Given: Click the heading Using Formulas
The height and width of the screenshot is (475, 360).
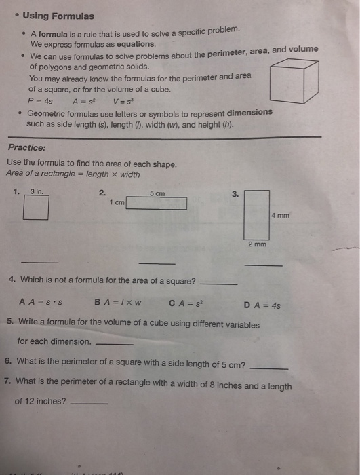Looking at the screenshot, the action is (58, 16).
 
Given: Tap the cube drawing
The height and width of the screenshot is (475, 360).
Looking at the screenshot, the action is (294, 81).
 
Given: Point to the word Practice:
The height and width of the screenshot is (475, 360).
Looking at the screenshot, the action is (27, 147).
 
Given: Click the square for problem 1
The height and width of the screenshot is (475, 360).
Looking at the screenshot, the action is (35, 208).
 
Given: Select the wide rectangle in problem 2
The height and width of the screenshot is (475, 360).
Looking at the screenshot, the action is (156, 203).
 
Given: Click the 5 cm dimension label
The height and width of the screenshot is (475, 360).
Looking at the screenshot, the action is (157, 193).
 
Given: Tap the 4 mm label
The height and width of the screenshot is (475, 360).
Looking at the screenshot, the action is (281, 215).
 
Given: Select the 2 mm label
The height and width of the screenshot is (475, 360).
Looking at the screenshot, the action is (257, 244).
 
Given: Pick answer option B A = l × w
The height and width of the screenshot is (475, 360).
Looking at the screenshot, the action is (118, 303).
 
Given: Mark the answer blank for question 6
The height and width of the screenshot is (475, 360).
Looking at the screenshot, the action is (269, 367).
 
